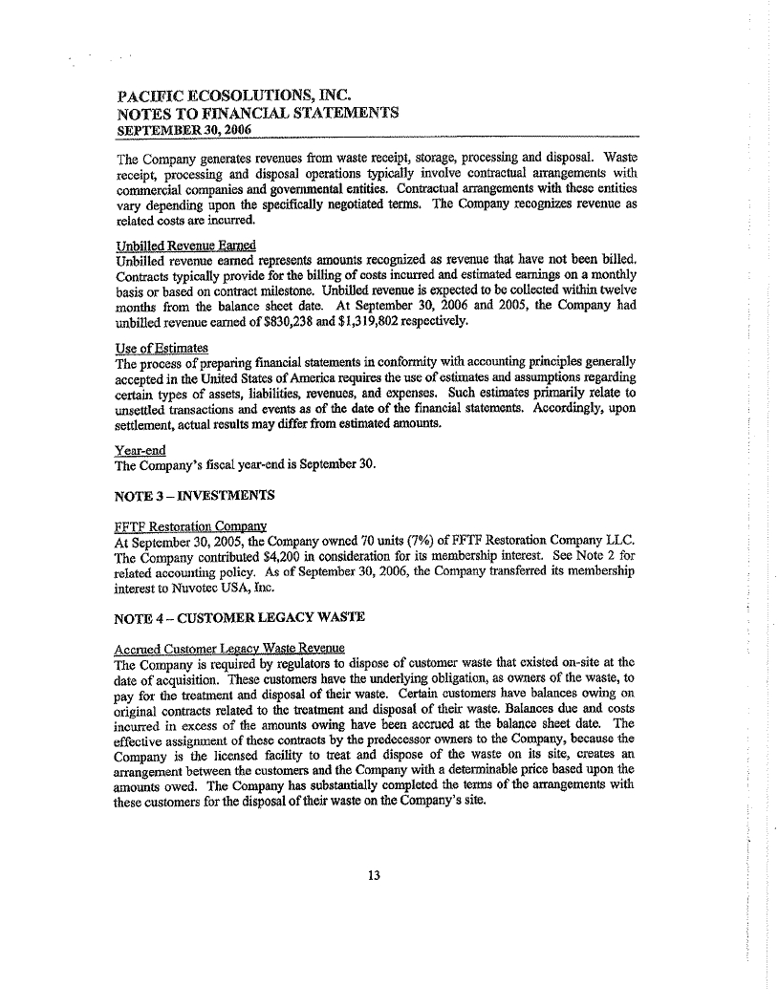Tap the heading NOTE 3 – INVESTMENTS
[x=195, y=495]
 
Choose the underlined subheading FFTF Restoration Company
[x=189, y=526]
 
